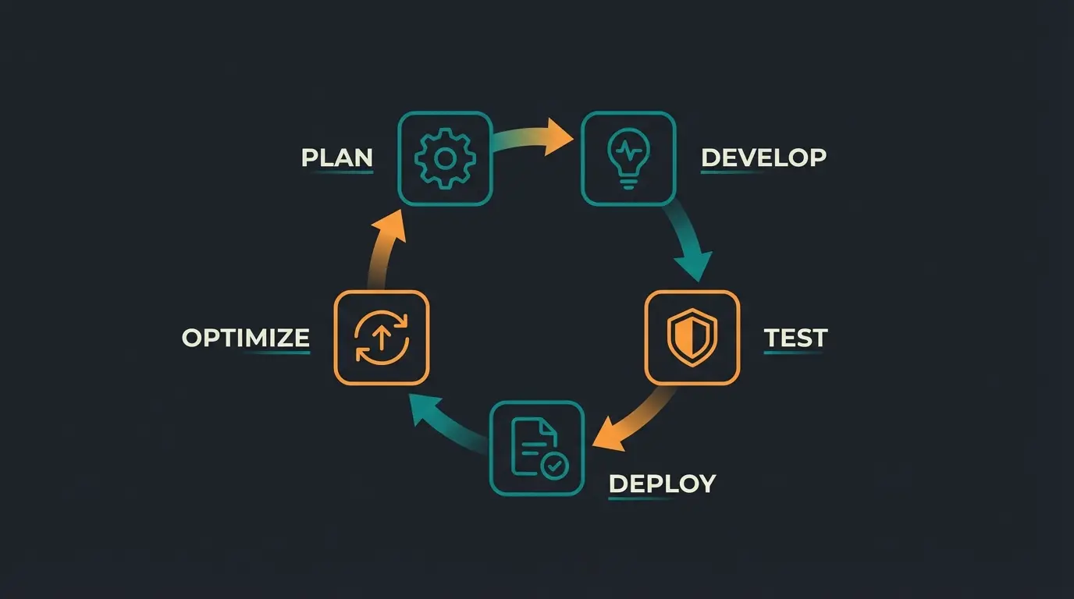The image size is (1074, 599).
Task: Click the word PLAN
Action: point(337,158)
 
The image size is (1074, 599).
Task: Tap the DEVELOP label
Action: point(763,158)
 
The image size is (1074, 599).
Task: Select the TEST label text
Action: point(795,338)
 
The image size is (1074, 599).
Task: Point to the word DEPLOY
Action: point(662,484)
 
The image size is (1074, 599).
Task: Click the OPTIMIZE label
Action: point(246,338)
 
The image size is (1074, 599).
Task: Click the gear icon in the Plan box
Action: point(445,159)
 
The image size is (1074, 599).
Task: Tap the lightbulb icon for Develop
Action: point(628,159)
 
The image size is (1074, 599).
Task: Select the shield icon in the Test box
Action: point(692,338)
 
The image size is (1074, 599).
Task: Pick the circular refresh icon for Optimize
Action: point(381,338)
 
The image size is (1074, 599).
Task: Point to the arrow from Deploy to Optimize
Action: point(445,425)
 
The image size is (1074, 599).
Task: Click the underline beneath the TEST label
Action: point(793,353)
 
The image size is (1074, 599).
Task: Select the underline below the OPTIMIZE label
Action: point(277,353)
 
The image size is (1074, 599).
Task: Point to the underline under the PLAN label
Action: point(343,172)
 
